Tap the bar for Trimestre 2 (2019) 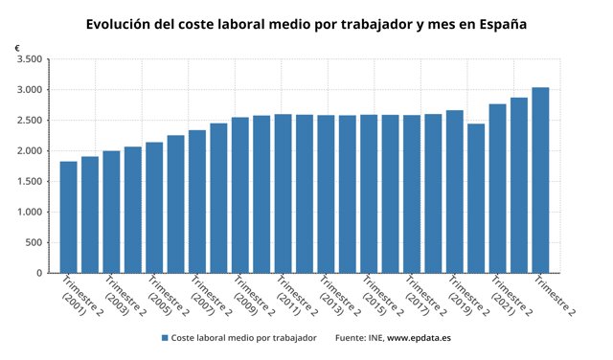tap(454, 191)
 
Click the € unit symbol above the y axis tap(17, 47)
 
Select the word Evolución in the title tap(123, 22)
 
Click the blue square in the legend tap(165, 338)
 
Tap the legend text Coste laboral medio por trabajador tap(243, 338)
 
